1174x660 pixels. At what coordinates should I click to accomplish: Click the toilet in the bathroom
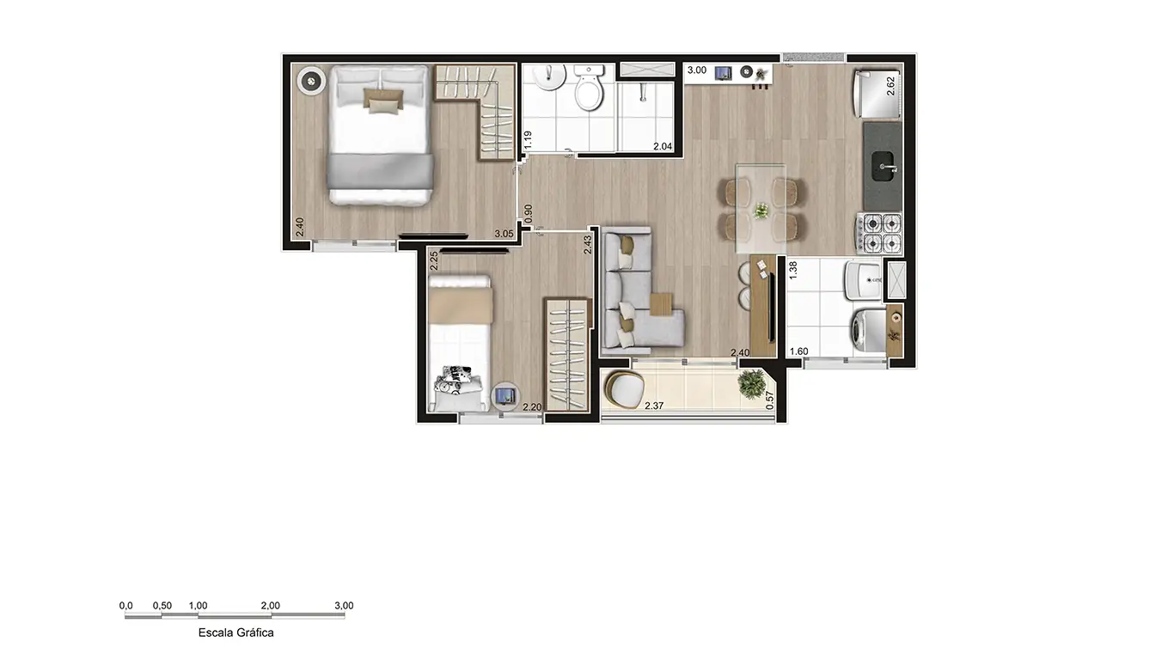(590, 90)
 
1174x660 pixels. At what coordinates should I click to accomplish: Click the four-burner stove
(879, 232)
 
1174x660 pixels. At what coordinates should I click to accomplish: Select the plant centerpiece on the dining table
(761, 211)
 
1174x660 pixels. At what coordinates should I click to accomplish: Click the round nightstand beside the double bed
(309, 82)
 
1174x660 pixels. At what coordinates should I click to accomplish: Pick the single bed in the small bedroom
(460, 344)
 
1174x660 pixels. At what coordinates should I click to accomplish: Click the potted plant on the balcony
(754, 383)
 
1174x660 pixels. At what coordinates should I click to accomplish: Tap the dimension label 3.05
(504, 233)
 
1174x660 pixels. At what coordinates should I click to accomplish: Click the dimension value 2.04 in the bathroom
(663, 147)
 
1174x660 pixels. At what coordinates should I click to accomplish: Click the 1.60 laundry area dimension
(799, 351)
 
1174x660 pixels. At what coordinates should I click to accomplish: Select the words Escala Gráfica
(235, 632)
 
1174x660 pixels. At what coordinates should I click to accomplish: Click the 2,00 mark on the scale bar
(270, 605)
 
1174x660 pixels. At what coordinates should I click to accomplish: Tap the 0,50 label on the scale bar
(162, 605)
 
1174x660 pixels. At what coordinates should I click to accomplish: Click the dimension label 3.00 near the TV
(696, 71)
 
